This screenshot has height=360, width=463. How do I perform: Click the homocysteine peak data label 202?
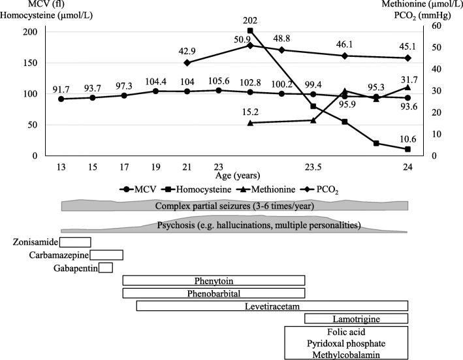point(249,20)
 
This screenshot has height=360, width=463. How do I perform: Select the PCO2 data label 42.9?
point(187,51)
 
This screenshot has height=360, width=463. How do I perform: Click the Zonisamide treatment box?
point(75,242)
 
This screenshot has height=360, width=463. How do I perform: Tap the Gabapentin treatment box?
point(106,267)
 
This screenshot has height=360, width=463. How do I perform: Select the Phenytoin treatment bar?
point(214,280)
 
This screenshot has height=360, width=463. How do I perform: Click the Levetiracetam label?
point(272,306)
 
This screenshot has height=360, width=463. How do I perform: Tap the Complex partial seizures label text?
point(234,206)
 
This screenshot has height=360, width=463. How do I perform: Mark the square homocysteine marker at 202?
point(249,31)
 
